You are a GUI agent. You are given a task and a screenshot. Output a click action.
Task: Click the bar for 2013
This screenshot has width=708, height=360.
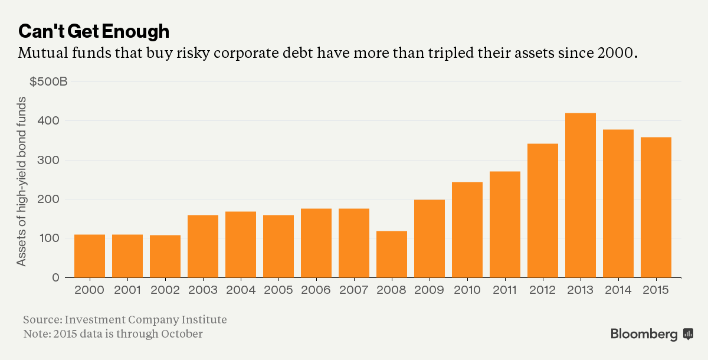[x=581, y=195]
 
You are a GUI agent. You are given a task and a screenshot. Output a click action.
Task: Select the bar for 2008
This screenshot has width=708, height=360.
[x=392, y=254]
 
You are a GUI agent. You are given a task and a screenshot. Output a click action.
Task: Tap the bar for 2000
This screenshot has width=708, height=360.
[x=90, y=256]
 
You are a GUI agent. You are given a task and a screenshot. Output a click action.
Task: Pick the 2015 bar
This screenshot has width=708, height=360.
[x=656, y=207]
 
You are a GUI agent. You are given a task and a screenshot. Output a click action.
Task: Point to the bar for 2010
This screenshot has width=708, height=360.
[x=467, y=230]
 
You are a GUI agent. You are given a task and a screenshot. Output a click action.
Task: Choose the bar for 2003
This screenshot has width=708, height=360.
[x=203, y=247]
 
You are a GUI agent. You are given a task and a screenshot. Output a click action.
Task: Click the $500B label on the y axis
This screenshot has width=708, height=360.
[x=48, y=81]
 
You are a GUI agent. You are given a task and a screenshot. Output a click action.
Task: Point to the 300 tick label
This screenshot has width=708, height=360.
[x=48, y=160]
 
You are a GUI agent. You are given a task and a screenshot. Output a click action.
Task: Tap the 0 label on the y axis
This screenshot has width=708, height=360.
[x=55, y=277]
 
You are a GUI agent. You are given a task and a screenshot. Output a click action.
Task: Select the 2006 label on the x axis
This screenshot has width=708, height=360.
[x=316, y=290]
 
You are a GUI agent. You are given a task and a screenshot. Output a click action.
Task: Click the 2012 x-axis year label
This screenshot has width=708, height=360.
[x=542, y=290]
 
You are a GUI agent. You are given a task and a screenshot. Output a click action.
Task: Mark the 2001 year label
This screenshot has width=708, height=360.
[x=127, y=290]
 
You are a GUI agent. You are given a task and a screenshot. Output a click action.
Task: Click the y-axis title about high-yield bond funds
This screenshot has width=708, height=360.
[x=21, y=181]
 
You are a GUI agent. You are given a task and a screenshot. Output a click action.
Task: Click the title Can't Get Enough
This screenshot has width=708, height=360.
[x=94, y=31]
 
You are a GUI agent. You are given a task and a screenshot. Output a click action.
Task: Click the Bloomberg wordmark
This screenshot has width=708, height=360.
[x=644, y=334]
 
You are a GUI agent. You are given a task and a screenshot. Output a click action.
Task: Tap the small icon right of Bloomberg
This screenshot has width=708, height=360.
[x=689, y=334]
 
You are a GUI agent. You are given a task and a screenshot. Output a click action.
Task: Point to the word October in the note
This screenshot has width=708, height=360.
[x=182, y=334]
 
